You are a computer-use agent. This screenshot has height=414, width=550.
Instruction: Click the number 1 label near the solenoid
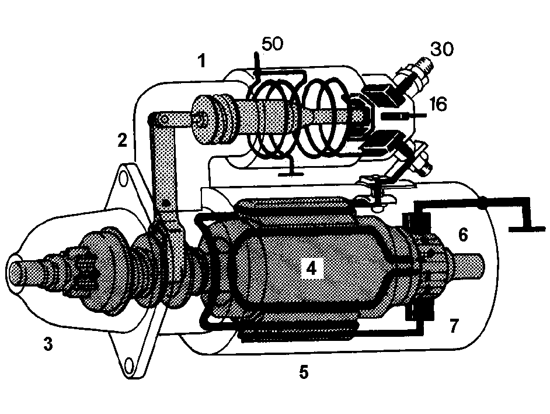click(x=201, y=60)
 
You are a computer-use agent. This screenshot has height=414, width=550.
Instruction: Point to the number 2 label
click(x=123, y=140)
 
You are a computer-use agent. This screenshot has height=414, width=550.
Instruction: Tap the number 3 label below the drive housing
click(x=48, y=343)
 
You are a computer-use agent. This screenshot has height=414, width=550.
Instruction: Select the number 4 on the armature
click(x=311, y=268)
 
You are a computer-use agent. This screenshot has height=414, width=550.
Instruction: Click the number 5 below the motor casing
click(x=304, y=372)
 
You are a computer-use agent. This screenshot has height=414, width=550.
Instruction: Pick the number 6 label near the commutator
click(x=463, y=234)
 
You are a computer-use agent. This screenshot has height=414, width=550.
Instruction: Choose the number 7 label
click(x=454, y=326)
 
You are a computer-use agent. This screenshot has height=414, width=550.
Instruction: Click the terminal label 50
click(x=273, y=44)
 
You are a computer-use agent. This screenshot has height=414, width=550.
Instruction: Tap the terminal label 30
click(x=441, y=49)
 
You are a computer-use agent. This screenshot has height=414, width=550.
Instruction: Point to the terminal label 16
click(x=438, y=105)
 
